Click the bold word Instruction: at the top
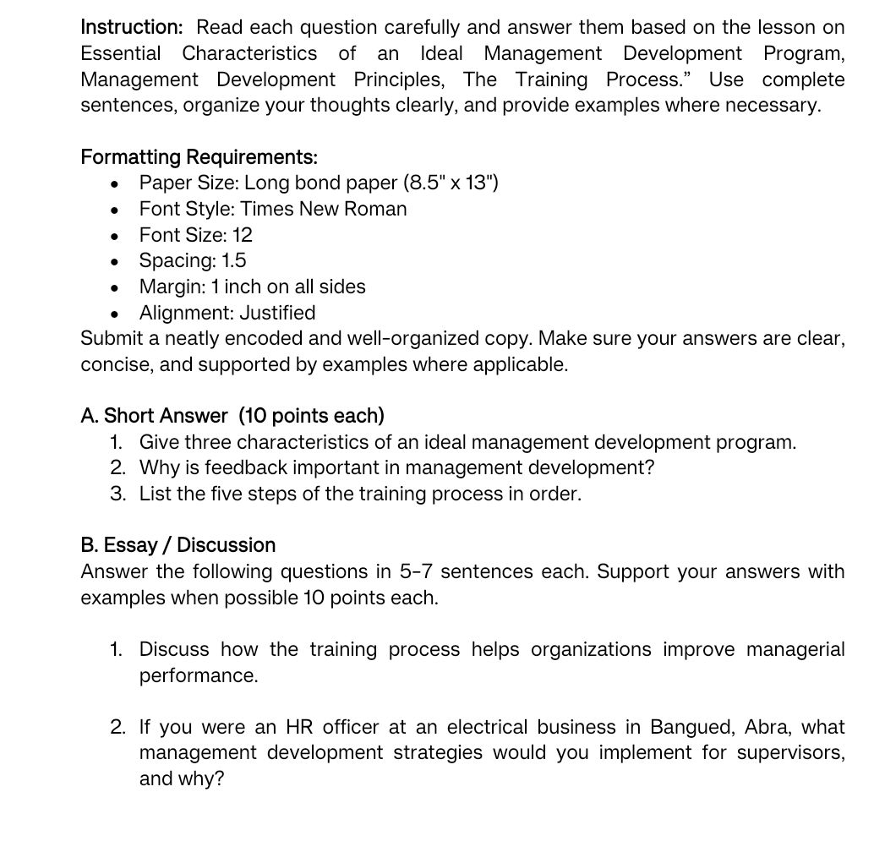tap(131, 28)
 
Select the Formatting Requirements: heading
tap(199, 157)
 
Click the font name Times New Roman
tap(324, 209)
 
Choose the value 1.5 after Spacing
tap(234, 260)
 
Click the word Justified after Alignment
tap(277, 313)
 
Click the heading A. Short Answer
tap(154, 416)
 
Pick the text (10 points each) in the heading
tap(311, 416)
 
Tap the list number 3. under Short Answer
tap(118, 494)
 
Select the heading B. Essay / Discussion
tap(178, 545)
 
